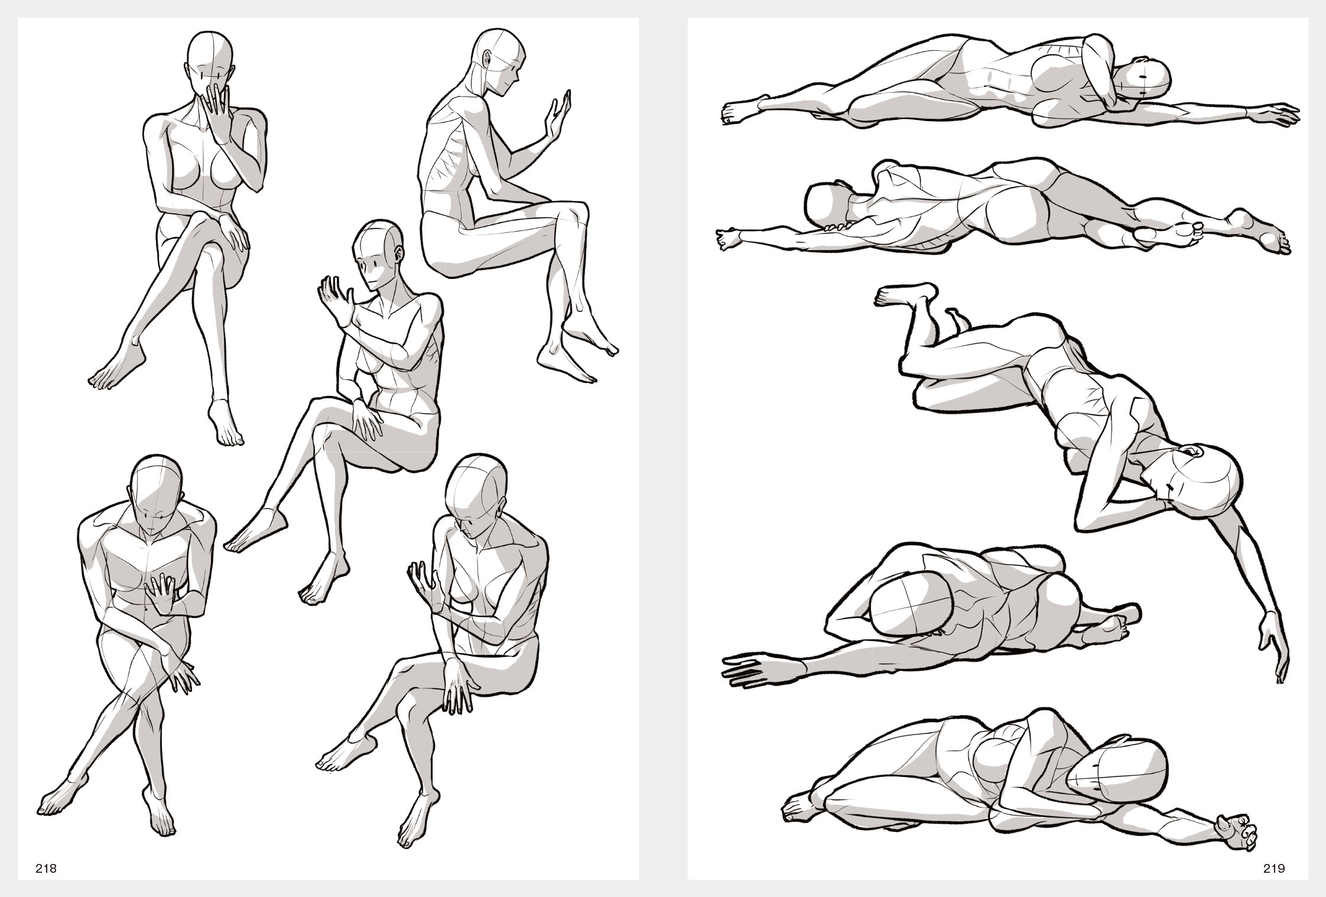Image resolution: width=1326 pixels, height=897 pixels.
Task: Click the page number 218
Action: (46, 869)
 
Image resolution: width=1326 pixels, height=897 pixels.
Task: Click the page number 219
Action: (1275, 869)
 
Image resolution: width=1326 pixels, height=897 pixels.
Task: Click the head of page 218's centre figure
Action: (376, 254)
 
